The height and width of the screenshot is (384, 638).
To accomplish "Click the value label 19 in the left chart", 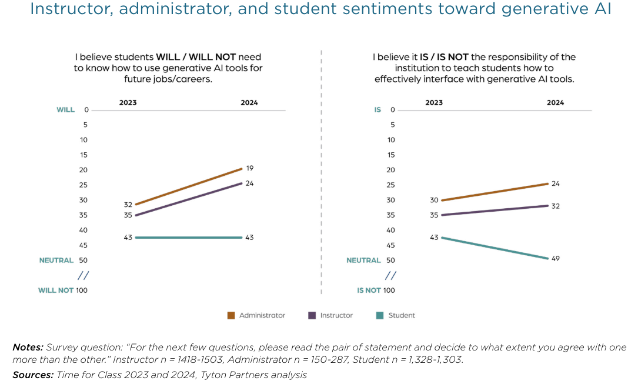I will tap(250, 168).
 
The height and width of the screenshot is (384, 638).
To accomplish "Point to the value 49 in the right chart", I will tap(556, 258).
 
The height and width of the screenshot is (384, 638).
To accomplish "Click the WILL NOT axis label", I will tap(56, 290).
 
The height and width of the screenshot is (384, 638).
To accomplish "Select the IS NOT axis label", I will tap(369, 290).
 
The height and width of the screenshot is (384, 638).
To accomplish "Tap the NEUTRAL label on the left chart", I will tap(56, 260).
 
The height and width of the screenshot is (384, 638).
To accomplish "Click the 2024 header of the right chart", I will tap(555, 102).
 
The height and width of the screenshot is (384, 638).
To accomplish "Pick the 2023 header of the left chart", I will tap(128, 102).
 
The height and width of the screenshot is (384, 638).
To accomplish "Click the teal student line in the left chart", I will tap(188, 238).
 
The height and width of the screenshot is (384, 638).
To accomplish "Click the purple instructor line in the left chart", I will tap(188, 199).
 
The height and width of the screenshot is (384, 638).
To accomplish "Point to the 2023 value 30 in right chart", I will tap(434, 200).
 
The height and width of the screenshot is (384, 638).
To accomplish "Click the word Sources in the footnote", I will tap(32, 375).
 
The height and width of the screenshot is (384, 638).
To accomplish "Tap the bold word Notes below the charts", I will tap(28, 348).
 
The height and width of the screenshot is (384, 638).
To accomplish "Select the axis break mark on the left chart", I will tap(83, 275).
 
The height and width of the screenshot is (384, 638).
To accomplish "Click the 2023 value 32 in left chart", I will tap(128, 205).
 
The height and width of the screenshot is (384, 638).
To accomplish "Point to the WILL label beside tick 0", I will tap(65, 110).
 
